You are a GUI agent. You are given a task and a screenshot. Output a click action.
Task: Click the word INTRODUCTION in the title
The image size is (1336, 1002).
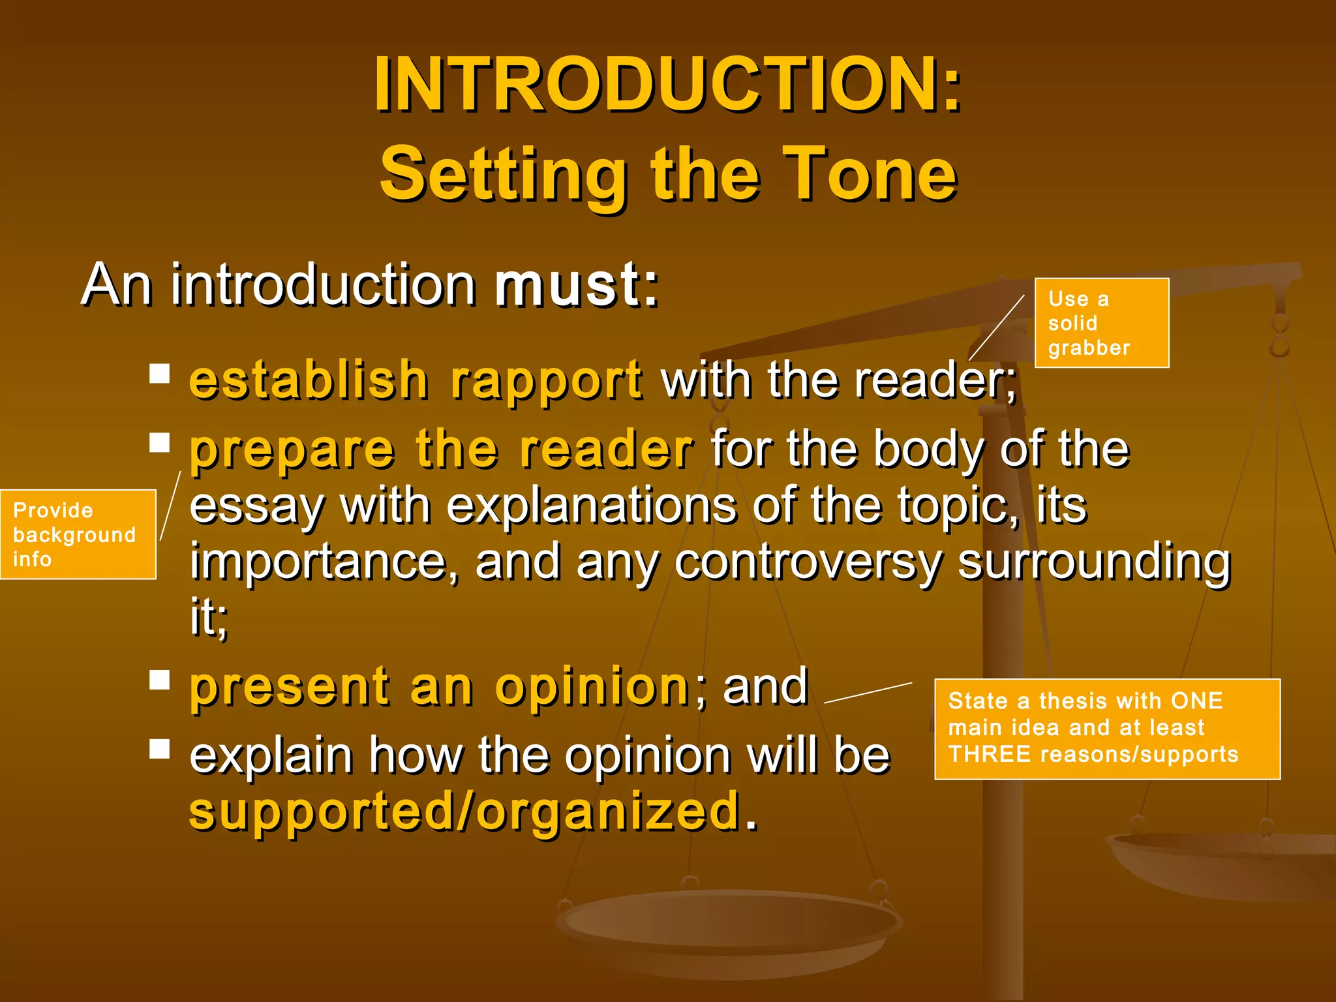click(x=656, y=85)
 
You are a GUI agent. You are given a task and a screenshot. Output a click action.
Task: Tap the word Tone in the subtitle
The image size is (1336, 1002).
click(x=870, y=175)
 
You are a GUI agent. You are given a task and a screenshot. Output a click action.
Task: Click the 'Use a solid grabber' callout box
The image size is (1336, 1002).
click(x=1101, y=323)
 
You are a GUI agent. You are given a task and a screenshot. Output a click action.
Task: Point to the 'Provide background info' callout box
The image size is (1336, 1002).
click(x=78, y=534)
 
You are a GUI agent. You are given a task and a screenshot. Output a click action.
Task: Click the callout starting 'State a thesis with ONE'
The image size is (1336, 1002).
click(x=1107, y=729)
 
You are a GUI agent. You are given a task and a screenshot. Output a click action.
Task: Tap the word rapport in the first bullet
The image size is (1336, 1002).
click(x=547, y=381)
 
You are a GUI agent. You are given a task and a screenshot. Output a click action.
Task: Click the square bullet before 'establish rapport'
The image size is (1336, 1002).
click(x=159, y=374)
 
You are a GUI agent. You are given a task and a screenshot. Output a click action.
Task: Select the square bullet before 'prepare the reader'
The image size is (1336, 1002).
click(x=159, y=443)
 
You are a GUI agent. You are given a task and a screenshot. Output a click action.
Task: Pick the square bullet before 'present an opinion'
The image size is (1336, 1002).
click(x=159, y=680)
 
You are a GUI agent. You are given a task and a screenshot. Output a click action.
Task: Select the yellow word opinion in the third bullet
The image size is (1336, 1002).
click(x=592, y=688)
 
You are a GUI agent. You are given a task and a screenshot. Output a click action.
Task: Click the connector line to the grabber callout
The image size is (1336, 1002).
click(x=997, y=327)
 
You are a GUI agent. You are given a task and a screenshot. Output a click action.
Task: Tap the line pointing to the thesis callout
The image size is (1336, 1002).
click(x=868, y=693)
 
